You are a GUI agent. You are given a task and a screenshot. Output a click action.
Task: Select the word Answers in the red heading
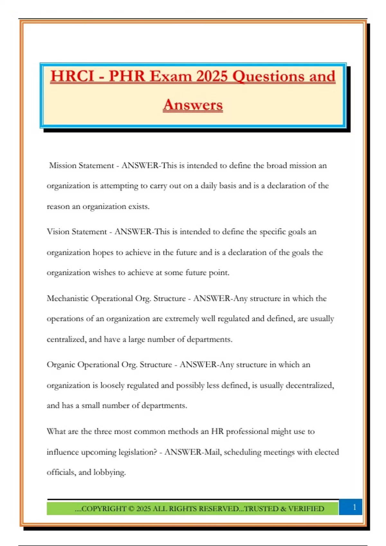193,105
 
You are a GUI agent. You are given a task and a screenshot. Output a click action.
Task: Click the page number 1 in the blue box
354,507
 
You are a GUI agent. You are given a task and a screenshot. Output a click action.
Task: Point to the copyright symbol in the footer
131,509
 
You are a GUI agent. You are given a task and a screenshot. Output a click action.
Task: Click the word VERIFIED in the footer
306,509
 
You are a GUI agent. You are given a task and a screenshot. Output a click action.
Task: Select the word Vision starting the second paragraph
58,232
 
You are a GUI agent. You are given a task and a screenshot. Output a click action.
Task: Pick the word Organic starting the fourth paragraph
60,365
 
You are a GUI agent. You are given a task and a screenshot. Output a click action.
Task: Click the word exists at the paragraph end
139,206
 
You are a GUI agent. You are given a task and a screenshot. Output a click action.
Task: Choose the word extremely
182,319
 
